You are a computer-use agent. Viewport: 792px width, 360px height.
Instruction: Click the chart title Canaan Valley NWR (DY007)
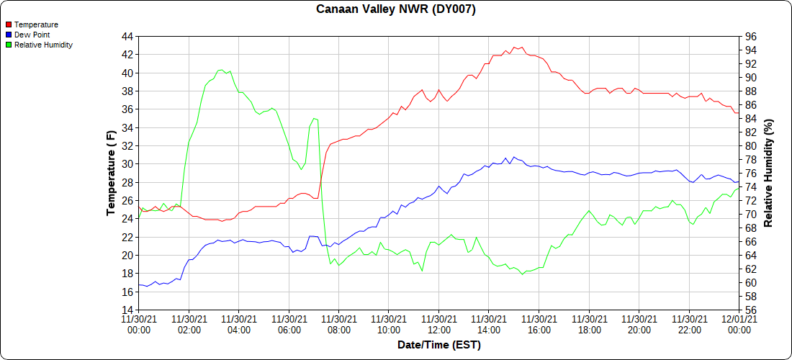click(396, 9)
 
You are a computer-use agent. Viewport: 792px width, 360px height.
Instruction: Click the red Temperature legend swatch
click(9, 24)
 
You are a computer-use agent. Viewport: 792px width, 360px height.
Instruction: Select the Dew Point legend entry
click(32, 35)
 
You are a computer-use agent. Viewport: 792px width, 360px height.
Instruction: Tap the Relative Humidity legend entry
click(43, 45)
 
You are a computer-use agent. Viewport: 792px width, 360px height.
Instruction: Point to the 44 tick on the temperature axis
click(127, 36)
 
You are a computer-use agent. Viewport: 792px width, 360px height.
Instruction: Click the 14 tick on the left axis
click(127, 310)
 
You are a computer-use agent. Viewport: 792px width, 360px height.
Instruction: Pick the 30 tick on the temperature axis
click(127, 164)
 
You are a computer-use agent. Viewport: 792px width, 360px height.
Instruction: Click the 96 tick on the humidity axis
click(750, 36)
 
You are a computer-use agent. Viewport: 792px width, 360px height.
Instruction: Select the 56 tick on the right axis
click(750, 310)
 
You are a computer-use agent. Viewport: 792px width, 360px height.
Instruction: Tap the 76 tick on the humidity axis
click(750, 174)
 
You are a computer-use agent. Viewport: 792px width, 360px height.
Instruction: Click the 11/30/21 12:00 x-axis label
click(438, 324)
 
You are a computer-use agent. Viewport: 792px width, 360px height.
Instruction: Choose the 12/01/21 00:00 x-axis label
click(739, 324)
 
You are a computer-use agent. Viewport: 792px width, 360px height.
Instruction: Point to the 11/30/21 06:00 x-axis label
click(289, 324)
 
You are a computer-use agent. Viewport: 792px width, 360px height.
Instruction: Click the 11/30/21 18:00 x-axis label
click(589, 324)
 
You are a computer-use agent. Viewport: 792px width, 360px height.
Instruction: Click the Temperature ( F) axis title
click(111, 173)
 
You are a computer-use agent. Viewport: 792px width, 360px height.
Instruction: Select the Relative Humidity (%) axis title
click(768, 173)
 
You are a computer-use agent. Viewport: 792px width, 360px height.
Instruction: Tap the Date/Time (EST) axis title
click(438, 346)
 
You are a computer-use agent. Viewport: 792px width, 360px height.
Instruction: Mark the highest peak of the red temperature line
click(514, 47)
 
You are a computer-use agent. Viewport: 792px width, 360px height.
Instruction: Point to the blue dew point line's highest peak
click(505, 157)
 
